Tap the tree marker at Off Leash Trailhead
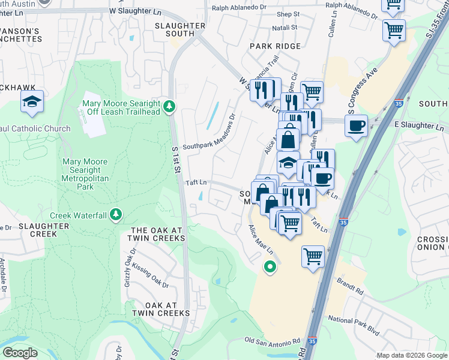(170, 106)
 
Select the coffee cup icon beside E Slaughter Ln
(356, 125)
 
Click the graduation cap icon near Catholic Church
(32, 102)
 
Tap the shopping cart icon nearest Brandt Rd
(313, 257)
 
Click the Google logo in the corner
(20, 353)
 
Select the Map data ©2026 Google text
(412, 355)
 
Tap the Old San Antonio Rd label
(272, 341)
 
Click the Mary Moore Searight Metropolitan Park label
(85, 174)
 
